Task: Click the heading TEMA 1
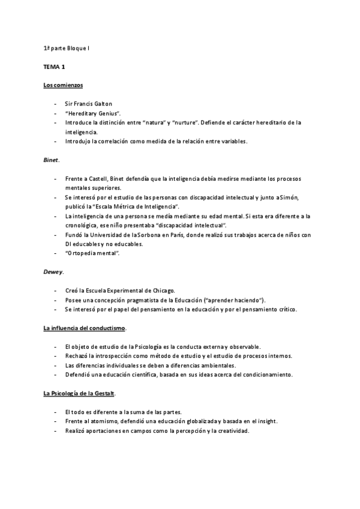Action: point(54,68)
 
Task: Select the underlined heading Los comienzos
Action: point(63,85)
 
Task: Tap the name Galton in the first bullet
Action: point(102,104)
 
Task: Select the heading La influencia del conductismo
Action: point(85,328)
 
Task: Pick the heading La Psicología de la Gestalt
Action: point(79,393)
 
